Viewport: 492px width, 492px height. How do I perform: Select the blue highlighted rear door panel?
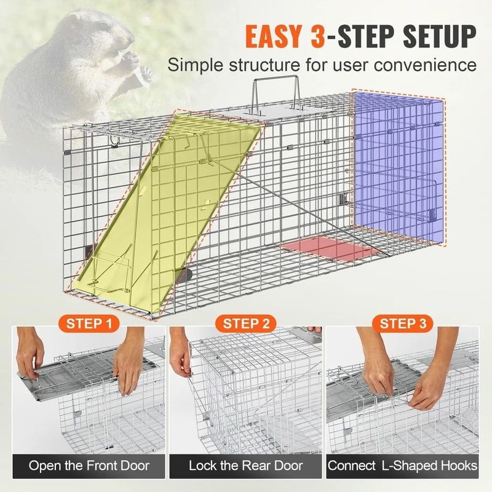(x=397, y=166)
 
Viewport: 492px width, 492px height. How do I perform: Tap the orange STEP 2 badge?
(x=246, y=323)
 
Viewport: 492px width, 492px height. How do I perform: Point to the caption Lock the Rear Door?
(x=247, y=466)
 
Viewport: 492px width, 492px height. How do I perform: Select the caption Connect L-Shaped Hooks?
(x=403, y=466)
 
